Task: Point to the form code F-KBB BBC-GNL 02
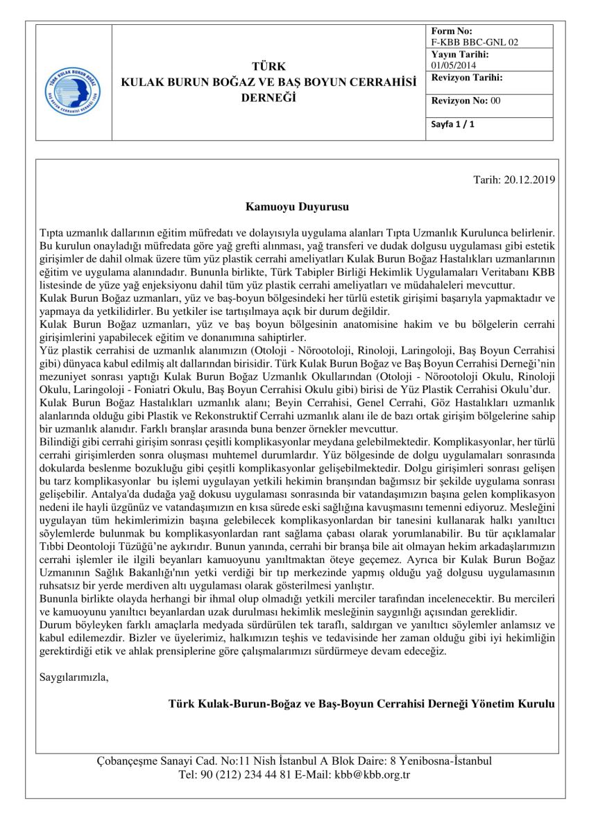pyautogui.click(x=475, y=42)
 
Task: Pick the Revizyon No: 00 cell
pyautogui.click(x=466, y=101)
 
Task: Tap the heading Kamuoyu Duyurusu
pyautogui.click(x=296, y=207)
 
